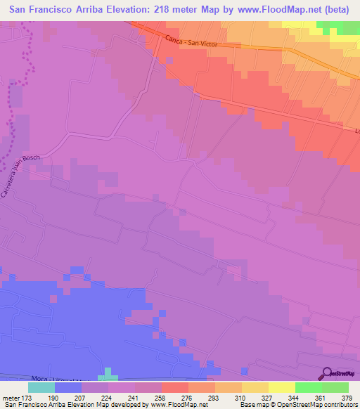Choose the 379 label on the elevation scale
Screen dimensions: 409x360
tap(347, 398)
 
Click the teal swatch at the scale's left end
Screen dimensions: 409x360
tap(41, 387)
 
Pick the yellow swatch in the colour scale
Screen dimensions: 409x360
tap(282, 387)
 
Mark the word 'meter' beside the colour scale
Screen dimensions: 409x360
tap(11, 398)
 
